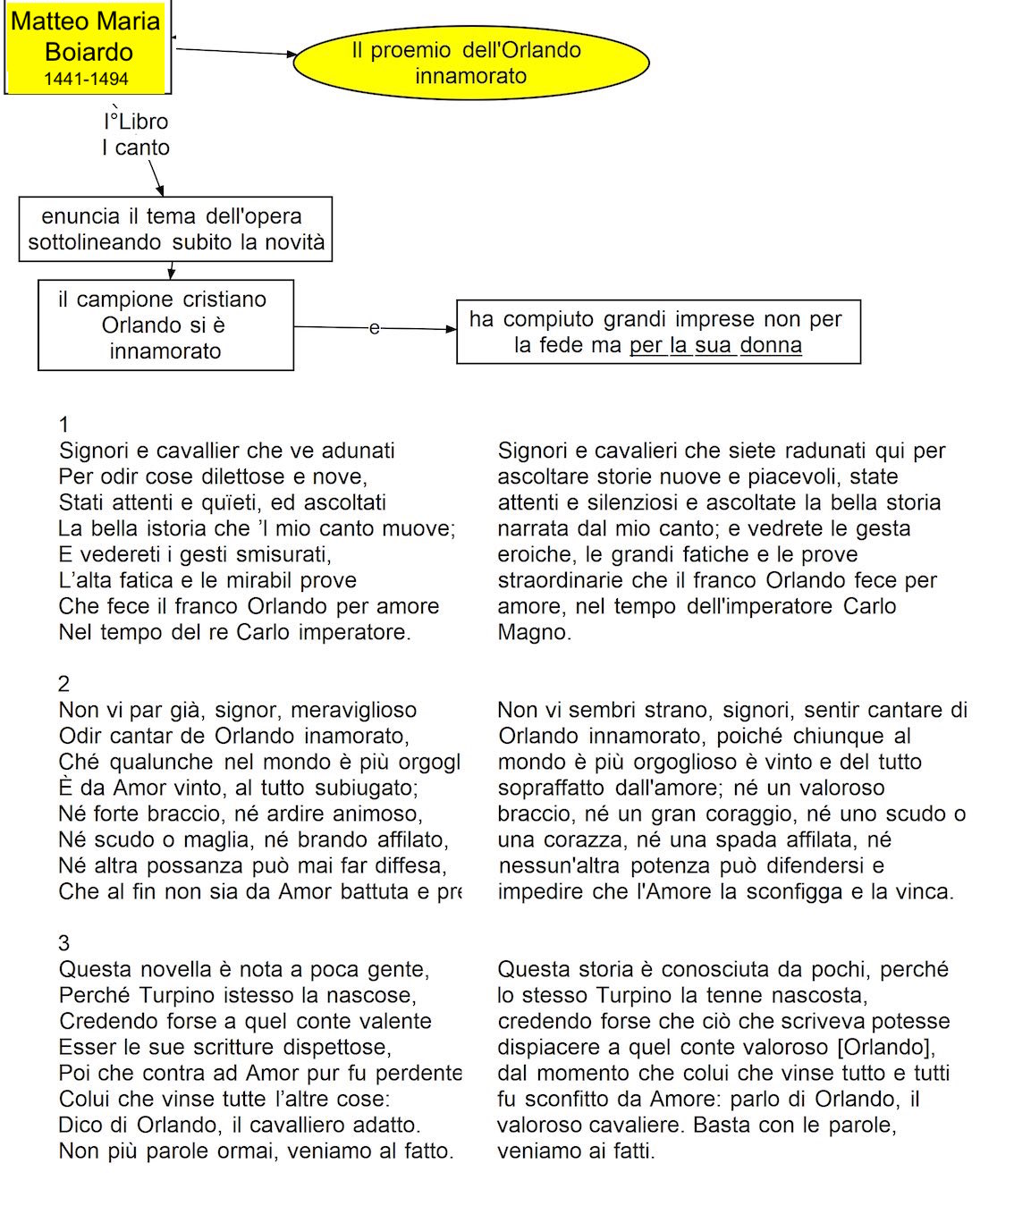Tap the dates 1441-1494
coord(86,80)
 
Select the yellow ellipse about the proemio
coord(470,63)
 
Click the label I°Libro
coord(136,122)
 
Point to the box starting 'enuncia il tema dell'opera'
coord(175,229)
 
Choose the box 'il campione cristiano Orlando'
coord(165,325)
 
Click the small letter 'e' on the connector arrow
coord(374,328)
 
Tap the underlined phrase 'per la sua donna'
coord(715,345)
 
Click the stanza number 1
coord(63,424)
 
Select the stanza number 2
coord(63,684)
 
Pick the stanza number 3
coord(63,943)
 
